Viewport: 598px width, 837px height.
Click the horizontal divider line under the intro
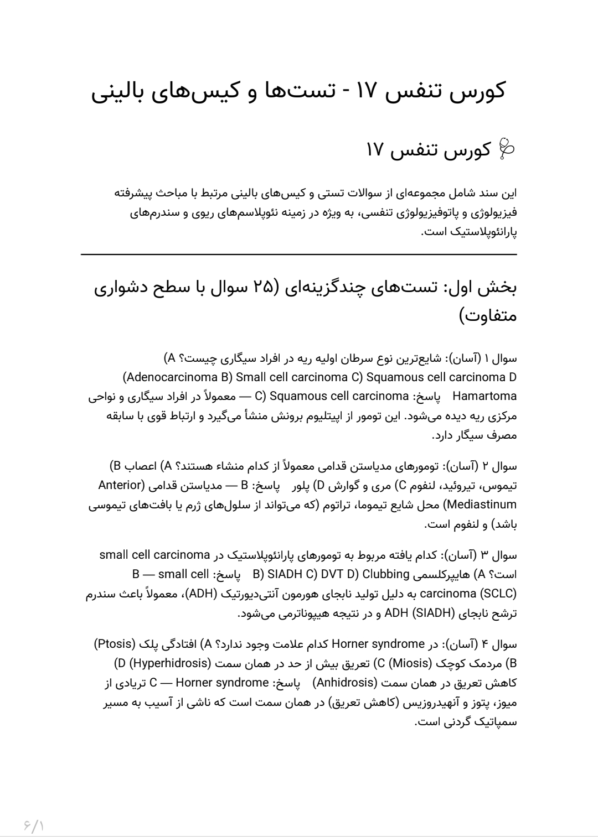pos(299,254)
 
